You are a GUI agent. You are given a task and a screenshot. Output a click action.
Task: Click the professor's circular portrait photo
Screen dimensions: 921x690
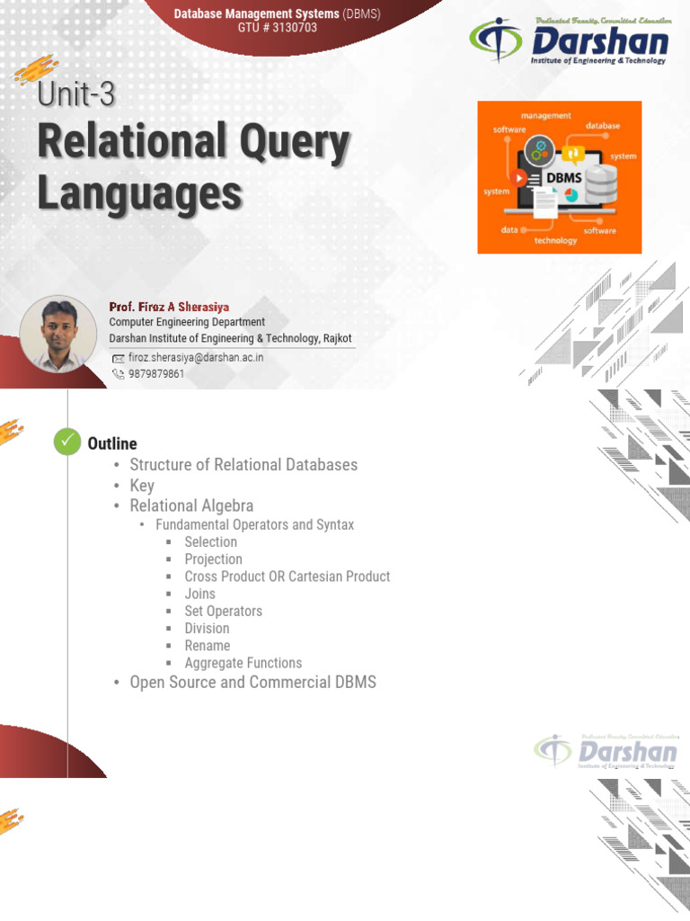coord(57,334)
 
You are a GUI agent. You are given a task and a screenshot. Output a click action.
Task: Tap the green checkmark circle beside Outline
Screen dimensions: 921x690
coord(67,443)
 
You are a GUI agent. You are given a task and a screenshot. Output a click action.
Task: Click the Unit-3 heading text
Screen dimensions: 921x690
coord(76,94)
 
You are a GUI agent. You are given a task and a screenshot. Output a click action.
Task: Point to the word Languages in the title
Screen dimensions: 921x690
coord(139,192)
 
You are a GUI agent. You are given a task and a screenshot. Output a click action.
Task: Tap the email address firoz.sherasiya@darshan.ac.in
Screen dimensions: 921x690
coord(195,357)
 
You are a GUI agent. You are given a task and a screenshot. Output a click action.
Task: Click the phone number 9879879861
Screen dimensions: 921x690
coord(155,373)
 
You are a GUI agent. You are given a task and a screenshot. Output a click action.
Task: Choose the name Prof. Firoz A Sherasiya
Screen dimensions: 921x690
coord(169,307)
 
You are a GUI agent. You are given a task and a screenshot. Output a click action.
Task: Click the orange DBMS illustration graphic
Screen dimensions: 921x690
coord(559,177)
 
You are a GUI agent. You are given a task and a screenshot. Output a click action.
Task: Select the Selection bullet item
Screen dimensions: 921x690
coord(210,541)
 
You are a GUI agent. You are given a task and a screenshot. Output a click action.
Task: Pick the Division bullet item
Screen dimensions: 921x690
coord(207,628)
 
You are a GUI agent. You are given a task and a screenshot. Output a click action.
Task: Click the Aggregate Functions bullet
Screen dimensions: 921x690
coord(243,663)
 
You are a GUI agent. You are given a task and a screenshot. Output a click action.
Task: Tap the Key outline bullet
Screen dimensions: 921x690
coord(142,486)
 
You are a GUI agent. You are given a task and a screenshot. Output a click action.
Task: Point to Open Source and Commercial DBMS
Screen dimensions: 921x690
coord(252,683)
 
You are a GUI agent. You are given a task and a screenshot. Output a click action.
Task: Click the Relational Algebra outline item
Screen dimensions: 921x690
coord(191,506)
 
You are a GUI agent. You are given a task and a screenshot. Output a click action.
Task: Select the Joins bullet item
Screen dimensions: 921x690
coord(199,594)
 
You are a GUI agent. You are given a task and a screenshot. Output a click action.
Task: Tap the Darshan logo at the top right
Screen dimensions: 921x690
coord(569,42)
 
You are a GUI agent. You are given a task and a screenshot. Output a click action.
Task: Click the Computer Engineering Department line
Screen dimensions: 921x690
coord(187,322)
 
